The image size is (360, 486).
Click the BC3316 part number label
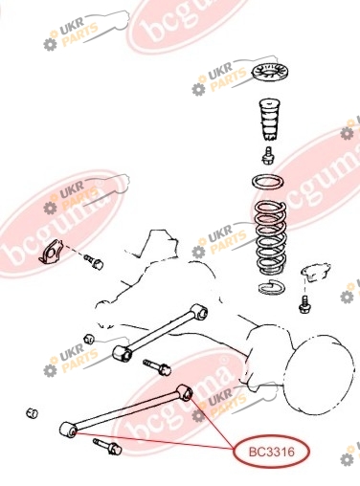coord(271,452)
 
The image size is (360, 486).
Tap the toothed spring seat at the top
coord(268,73)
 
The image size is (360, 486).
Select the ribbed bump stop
coord(269,121)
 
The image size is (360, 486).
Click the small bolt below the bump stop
coord(268,156)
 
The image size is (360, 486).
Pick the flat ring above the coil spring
coord(268,183)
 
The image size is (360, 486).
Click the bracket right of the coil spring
coord(315,272)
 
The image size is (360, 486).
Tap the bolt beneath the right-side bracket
coord(304,304)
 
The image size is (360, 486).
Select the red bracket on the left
coord(51,252)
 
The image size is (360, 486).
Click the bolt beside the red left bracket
coord(94,261)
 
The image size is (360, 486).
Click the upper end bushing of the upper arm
coord(199,311)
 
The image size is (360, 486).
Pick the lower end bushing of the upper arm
coord(123,353)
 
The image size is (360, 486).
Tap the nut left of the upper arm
coord(89,339)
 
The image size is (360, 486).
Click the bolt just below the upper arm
coord(157,367)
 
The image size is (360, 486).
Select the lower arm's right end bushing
coord(185,392)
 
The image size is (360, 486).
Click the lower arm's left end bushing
coord(68,430)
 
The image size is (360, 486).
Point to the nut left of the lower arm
coord(32,413)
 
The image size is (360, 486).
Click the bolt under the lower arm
coord(107,447)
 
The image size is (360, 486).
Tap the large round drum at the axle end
coord(319,375)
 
